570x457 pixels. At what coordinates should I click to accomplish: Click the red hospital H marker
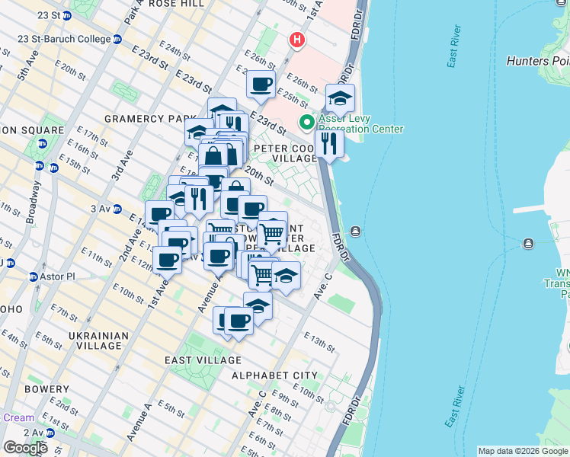click(x=296, y=39)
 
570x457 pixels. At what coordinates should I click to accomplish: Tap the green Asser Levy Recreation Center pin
click(x=306, y=122)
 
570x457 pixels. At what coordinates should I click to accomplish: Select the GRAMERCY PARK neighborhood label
click(x=145, y=119)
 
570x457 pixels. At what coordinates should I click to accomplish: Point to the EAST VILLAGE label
click(x=203, y=360)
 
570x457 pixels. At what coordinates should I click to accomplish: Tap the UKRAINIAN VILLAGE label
click(x=106, y=340)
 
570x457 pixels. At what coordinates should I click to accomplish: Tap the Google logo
click(x=25, y=448)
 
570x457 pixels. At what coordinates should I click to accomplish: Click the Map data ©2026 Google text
click(x=523, y=451)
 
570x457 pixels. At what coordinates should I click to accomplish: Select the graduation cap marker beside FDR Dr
click(x=340, y=98)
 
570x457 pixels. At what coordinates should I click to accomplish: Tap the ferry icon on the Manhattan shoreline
click(x=355, y=231)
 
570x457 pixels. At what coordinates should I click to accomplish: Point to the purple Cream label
click(x=18, y=417)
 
